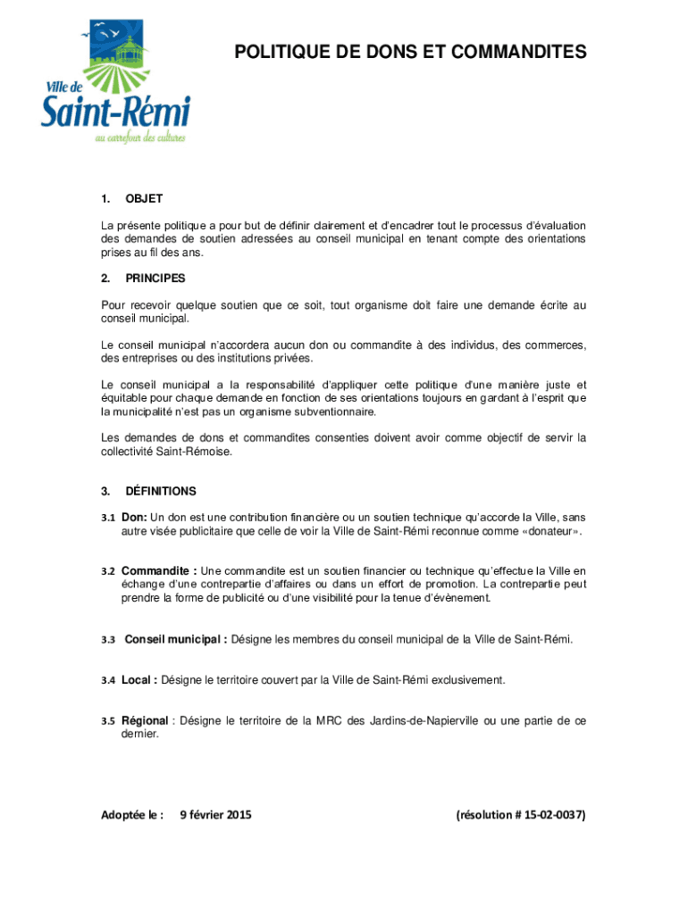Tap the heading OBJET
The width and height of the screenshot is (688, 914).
click(x=144, y=198)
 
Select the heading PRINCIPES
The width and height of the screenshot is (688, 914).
click(x=155, y=278)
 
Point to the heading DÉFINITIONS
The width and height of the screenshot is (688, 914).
click(x=161, y=491)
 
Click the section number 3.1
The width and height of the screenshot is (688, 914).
click(x=108, y=518)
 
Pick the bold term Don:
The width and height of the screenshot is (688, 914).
click(x=134, y=517)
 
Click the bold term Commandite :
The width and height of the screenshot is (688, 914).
click(x=159, y=570)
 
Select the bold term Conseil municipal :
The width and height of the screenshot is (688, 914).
click(x=175, y=639)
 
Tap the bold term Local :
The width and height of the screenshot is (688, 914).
click(x=139, y=680)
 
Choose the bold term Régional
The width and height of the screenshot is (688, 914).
click(x=145, y=720)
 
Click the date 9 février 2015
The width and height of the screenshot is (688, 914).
click(x=215, y=814)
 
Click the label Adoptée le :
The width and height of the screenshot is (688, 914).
click(x=132, y=814)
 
